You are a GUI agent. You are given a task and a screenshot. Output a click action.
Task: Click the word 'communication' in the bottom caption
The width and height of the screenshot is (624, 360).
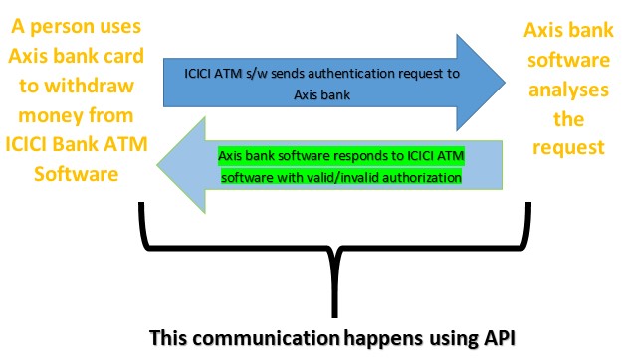254,338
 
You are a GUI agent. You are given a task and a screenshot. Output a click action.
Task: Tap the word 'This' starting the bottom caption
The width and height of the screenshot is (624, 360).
170,338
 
